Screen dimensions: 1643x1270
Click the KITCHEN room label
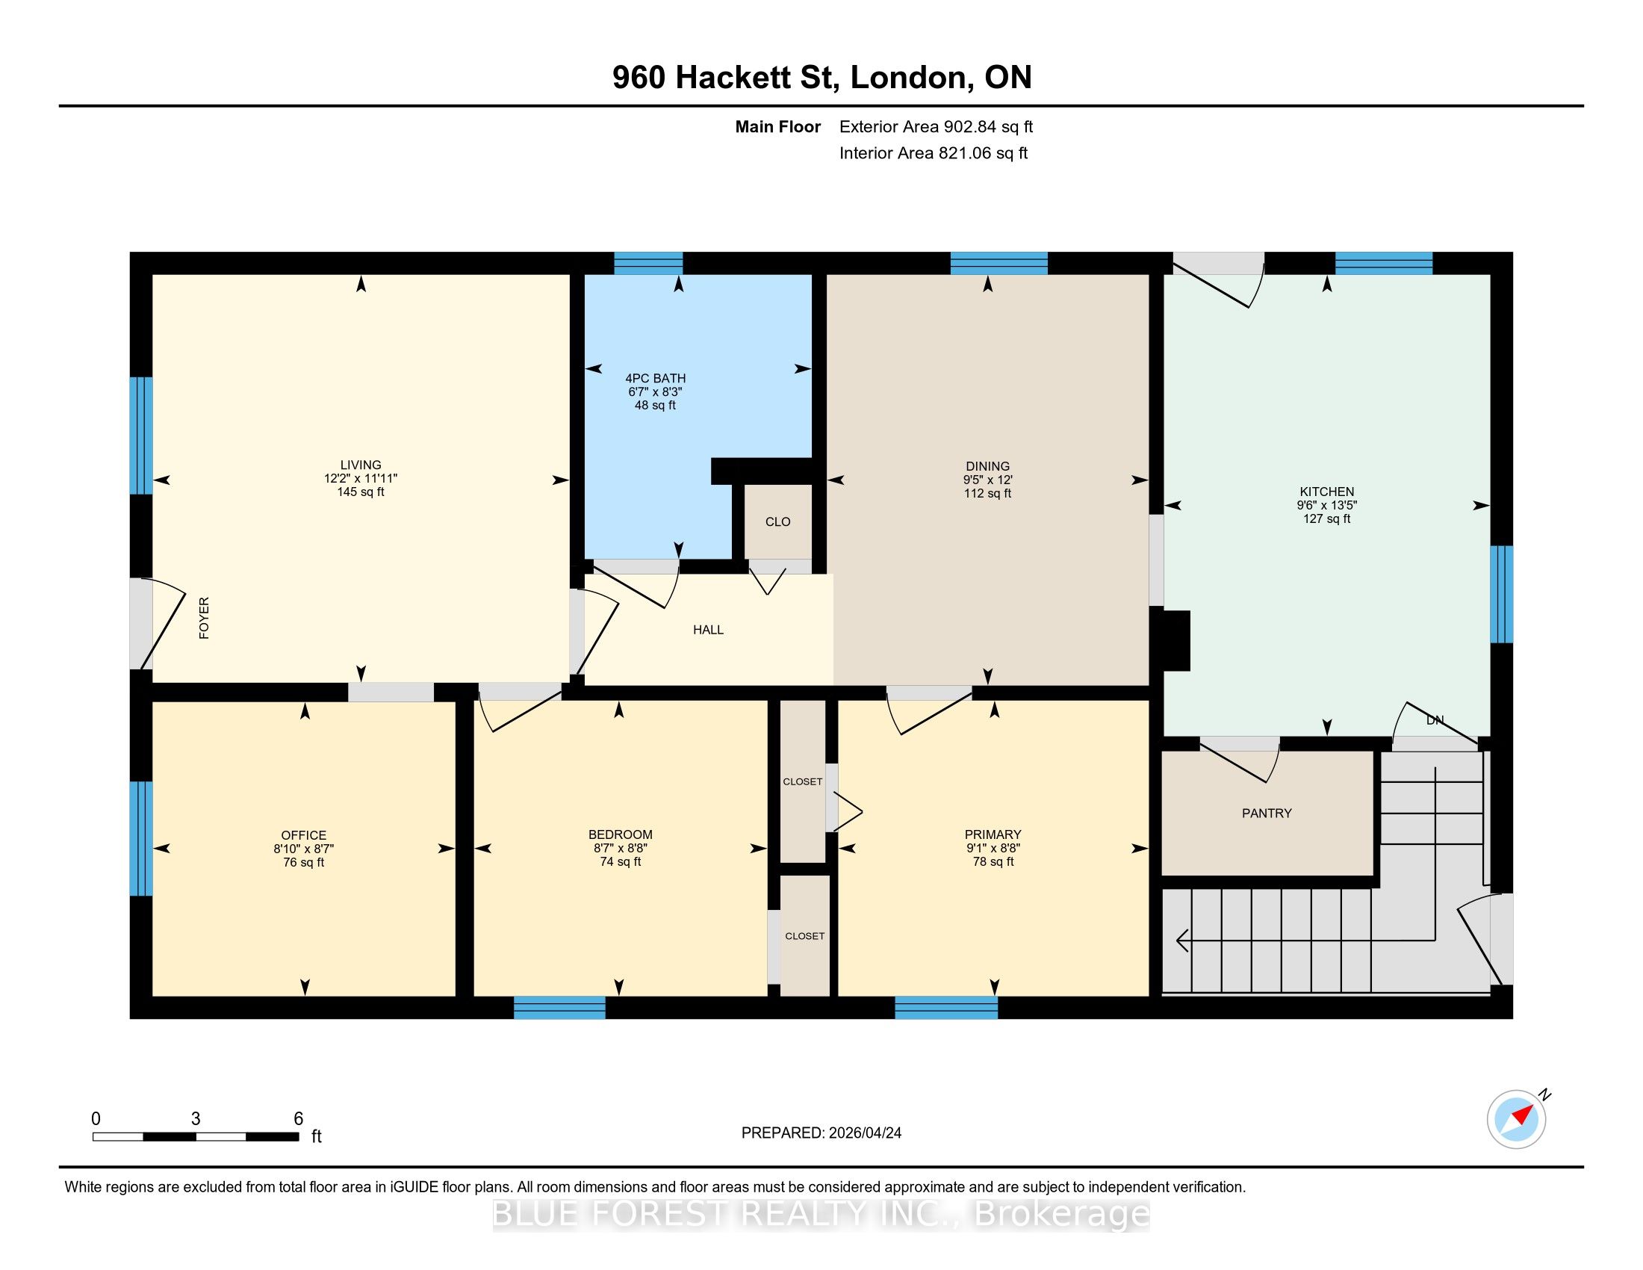(x=1326, y=492)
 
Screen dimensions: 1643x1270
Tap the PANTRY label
(x=1266, y=814)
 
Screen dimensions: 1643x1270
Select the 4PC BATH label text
(x=655, y=379)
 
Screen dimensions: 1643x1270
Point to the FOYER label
(x=204, y=619)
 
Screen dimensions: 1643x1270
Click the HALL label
(x=708, y=630)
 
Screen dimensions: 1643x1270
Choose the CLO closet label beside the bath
(x=778, y=522)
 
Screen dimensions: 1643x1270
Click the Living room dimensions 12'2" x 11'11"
(x=361, y=479)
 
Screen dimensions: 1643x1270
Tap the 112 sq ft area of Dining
(x=987, y=494)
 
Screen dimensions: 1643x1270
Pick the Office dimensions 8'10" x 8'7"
(x=303, y=849)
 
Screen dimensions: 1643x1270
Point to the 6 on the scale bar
(x=298, y=1119)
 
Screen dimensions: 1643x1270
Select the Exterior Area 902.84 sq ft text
(x=936, y=127)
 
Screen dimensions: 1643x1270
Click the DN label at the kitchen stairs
(x=1435, y=720)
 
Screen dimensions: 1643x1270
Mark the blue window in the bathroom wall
(x=648, y=263)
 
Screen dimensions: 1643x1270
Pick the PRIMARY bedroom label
(x=993, y=834)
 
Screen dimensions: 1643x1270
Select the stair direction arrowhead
(x=1181, y=941)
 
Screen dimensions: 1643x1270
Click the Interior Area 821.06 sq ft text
(x=934, y=153)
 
